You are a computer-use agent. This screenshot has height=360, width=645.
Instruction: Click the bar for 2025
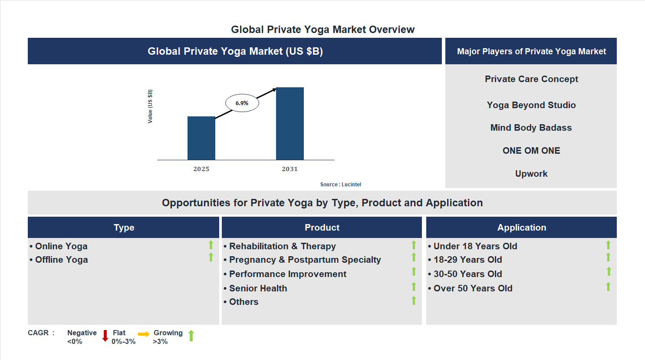[x=201, y=138]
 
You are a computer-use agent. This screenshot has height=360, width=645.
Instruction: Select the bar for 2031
[x=290, y=124]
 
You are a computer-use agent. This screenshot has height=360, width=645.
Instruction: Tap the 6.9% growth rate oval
[x=242, y=103]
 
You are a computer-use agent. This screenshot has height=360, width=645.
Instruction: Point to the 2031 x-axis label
[x=290, y=169]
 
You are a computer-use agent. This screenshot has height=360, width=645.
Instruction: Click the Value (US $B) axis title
[x=150, y=106]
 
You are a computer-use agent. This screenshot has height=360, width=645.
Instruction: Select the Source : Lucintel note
[x=340, y=185]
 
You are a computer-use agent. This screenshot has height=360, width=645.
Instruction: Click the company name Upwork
[x=531, y=174]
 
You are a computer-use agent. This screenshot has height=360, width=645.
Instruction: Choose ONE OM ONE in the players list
[x=531, y=151]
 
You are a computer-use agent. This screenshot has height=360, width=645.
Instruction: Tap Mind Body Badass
[x=531, y=128]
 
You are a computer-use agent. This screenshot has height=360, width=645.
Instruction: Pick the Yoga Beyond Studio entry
[x=531, y=105]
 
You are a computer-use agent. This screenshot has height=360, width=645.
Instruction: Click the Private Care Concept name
[x=531, y=79]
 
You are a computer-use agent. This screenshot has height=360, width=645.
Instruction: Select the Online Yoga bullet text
[x=61, y=246]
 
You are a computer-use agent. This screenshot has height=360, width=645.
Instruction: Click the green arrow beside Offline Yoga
[x=211, y=258]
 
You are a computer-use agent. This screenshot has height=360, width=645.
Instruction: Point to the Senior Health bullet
[x=258, y=288]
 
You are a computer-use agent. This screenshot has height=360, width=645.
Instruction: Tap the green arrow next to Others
[x=414, y=301]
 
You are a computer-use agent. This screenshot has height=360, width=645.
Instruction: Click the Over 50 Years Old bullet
[x=473, y=288]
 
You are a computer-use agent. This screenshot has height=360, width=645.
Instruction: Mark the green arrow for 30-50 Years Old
[x=609, y=272]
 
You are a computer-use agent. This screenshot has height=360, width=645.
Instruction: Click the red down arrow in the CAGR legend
[x=105, y=336]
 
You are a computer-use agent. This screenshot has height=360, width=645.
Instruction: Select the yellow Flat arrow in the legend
[x=144, y=334]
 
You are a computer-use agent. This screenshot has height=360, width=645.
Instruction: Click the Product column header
[x=322, y=228]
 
